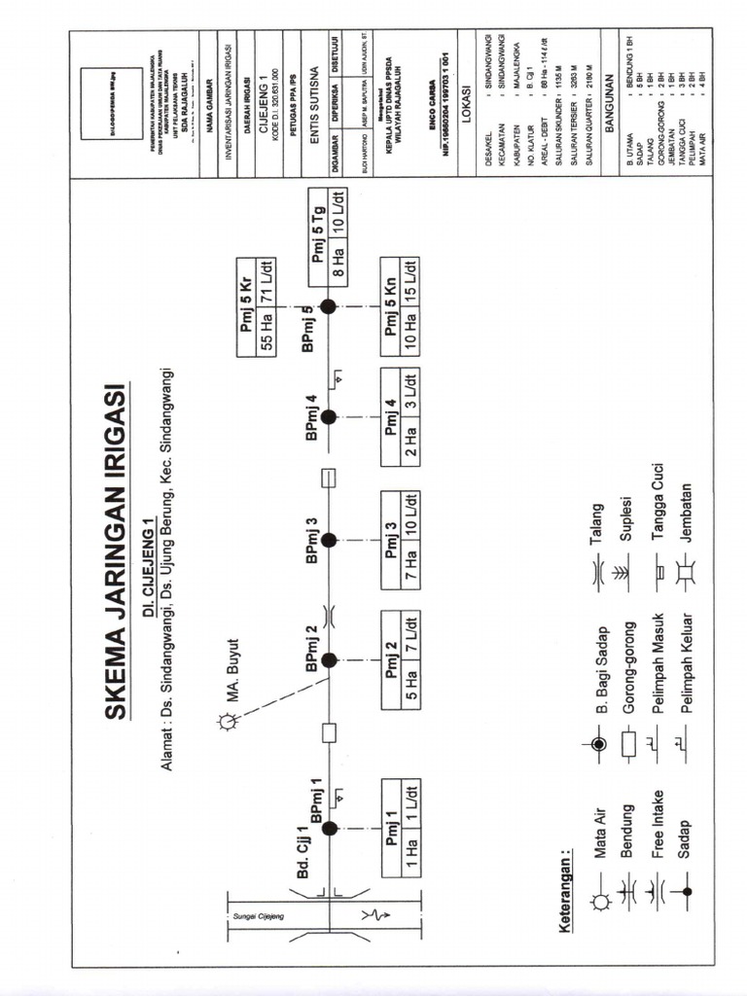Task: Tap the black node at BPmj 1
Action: (x=329, y=828)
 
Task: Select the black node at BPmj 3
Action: (x=329, y=540)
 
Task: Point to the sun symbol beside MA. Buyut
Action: (x=228, y=721)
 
